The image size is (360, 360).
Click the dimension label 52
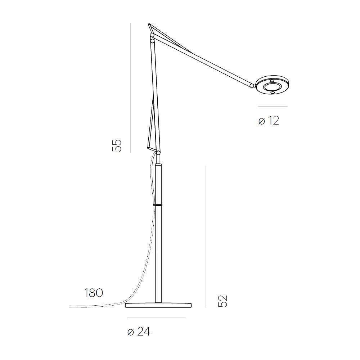[x=223, y=301]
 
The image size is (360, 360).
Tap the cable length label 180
[x=94, y=293]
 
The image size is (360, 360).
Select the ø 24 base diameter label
[x=139, y=332]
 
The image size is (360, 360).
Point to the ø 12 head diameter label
[x=269, y=121]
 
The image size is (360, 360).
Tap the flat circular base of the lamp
[x=158, y=306]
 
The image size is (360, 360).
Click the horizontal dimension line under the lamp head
[x=273, y=107]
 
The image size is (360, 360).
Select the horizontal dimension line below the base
[x=156, y=318]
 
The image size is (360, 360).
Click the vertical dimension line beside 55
[x=130, y=86]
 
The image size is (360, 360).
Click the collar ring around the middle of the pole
[x=158, y=204]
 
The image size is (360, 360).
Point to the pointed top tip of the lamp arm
[x=149, y=24]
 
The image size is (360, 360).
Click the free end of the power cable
[x=71, y=306]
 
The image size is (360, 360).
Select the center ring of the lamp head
[x=272, y=87]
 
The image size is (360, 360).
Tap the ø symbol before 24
[x=130, y=332]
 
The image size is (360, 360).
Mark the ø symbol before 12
[x=262, y=121]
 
